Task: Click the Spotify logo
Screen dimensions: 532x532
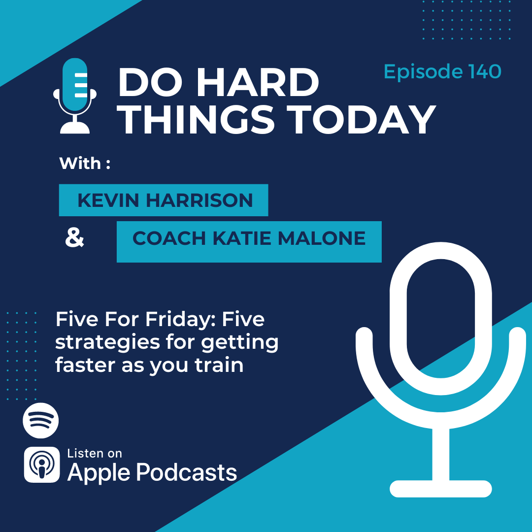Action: pos(41,420)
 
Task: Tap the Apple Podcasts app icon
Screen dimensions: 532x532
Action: pos(42,465)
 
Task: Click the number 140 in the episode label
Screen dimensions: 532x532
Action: pos(485,71)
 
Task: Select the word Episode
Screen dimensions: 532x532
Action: pos(423,71)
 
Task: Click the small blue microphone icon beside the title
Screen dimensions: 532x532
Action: pos(75,96)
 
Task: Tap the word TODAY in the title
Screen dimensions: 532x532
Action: pos(362,119)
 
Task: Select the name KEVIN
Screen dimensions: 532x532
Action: pos(108,200)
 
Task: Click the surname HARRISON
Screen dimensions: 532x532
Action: pos(199,200)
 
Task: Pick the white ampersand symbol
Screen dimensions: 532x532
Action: pos(74,237)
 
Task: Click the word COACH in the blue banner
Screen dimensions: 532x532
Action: pos(169,238)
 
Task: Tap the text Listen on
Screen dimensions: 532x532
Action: pos(94,453)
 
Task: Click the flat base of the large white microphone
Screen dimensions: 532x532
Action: pos(441,489)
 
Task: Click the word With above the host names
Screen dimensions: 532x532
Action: pos(80,163)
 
